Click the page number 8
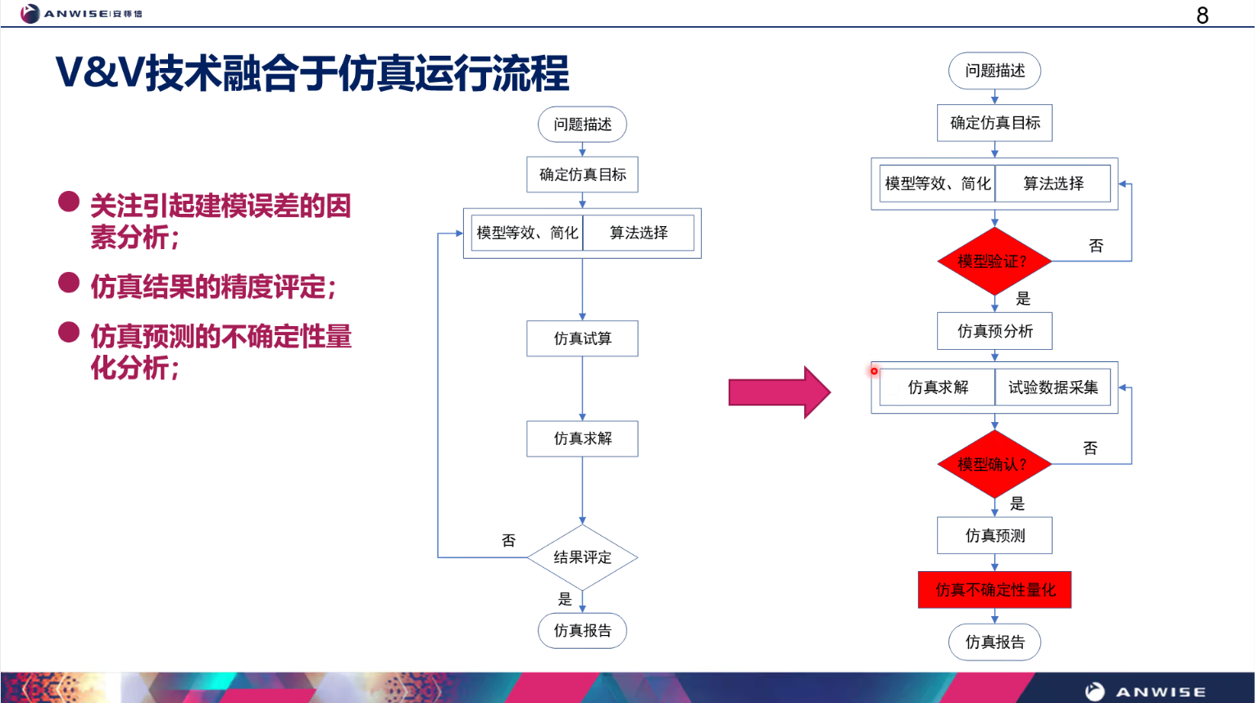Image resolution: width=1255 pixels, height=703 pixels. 1202,16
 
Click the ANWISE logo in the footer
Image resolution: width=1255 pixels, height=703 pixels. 1145,692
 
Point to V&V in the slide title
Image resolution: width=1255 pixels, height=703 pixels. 99,73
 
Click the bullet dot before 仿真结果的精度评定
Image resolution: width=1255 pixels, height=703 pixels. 69,283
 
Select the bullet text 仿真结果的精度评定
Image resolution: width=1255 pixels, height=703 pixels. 213,287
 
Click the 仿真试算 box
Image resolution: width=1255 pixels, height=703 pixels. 582,338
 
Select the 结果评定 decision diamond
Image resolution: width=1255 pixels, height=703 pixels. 582,557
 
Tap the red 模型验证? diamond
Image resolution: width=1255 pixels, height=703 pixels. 994,261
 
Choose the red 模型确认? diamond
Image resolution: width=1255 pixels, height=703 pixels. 994,465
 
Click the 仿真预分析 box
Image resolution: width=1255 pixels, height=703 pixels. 994,331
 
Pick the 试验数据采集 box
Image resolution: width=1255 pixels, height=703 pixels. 1053,388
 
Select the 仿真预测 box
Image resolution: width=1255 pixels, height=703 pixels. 994,536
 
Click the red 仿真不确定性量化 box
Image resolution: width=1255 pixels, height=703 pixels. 994,590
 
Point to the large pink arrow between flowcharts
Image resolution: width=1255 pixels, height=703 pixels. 779,392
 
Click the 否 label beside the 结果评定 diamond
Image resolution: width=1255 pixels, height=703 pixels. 508,541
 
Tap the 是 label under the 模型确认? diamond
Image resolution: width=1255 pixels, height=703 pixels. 1017,503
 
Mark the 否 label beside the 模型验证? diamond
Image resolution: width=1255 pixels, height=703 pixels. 1096,246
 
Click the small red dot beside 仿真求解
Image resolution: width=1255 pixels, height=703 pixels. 874,371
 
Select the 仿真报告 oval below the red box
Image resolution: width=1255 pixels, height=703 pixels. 994,642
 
